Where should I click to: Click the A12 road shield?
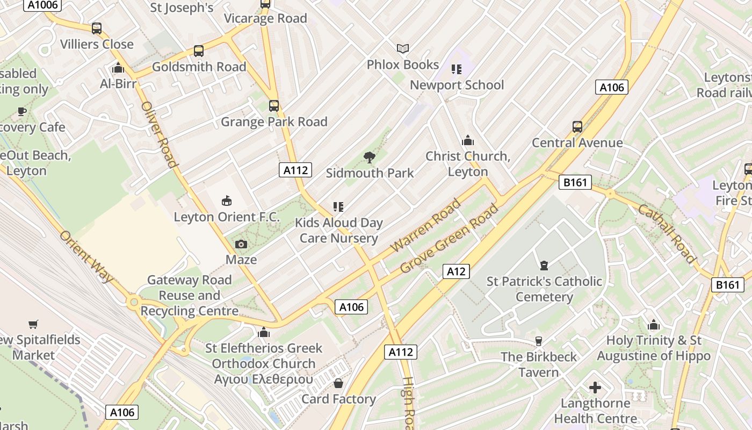point(456,271)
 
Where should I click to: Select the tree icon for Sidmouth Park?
point(369,157)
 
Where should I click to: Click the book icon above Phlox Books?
point(403,49)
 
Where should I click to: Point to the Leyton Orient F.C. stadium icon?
point(227,201)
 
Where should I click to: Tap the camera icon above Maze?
point(241,245)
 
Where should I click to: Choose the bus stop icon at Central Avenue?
point(577,127)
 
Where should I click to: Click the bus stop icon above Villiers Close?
point(97,28)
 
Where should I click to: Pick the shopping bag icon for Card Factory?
point(338,383)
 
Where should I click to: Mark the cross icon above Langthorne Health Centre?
point(595,387)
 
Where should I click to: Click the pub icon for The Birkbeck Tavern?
point(539,341)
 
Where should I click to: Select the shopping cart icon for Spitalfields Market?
point(33,324)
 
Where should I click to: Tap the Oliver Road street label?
point(159,134)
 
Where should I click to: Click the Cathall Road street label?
point(667,234)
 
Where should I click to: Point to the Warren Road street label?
point(425,225)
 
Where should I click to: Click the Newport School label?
point(457,85)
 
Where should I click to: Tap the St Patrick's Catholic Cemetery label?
point(544,289)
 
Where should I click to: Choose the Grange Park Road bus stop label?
point(274,121)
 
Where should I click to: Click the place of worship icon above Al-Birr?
point(118,68)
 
